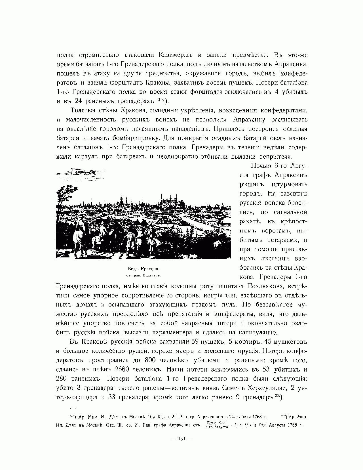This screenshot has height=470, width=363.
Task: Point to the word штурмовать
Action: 289,184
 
